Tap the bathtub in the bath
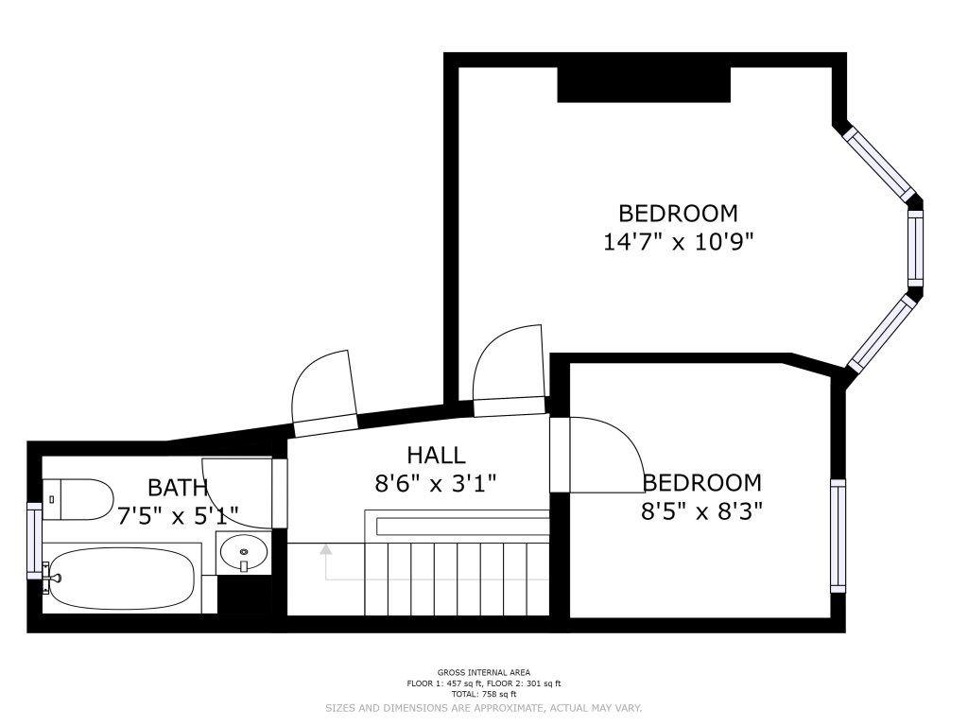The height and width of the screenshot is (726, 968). pyautogui.click(x=122, y=579)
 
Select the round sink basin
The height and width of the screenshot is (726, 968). pyautogui.click(x=244, y=549)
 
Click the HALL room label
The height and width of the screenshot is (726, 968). pyautogui.click(x=436, y=455)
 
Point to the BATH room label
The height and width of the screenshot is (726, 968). pyautogui.click(x=178, y=488)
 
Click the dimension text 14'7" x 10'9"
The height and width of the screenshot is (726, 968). pyautogui.click(x=679, y=241)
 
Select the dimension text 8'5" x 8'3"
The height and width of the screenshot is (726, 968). pyautogui.click(x=702, y=511)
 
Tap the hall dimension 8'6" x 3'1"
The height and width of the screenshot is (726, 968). pyautogui.click(x=436, y=483)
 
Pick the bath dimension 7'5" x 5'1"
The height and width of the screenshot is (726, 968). pyautogui.click(x=178, y=514)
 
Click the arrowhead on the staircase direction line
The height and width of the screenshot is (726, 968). pyautogui.click(x=325, y=549)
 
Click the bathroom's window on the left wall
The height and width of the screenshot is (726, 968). pyautogui.click(x=35, y=541)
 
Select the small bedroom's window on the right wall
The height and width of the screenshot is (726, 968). pyautogui.click(x=838, y=536)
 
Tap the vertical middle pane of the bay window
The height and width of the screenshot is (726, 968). pyautogui.click(x=915, y=249)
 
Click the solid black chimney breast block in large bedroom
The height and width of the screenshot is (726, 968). pyautogui.click(x=644, y=84)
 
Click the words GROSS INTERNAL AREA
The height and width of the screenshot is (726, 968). pyautogui.click(x=484, y=672)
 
